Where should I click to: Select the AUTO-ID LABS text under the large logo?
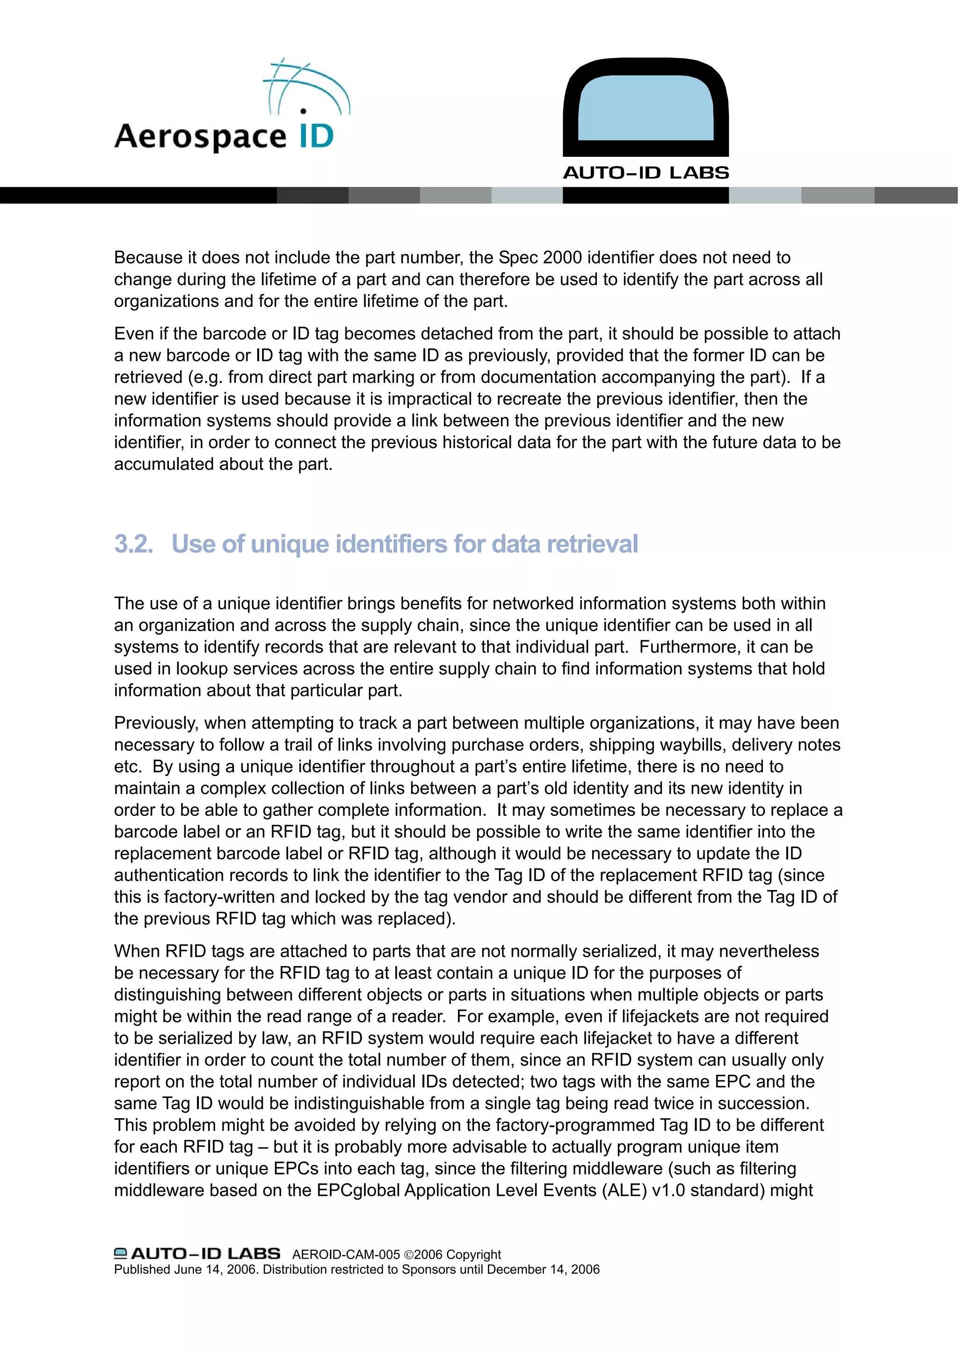click(646, 173)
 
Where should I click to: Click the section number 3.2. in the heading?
click(133, 544)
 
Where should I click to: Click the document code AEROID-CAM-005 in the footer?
click(346, 1254)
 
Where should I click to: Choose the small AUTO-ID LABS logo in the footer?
click(197, 1254)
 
